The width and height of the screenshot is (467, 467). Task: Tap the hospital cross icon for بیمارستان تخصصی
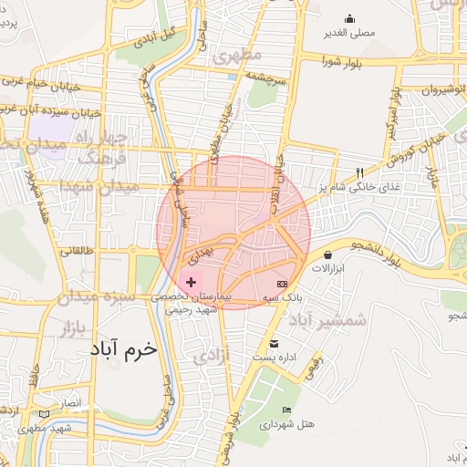point(191,283)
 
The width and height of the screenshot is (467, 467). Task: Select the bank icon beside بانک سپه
point(294,284)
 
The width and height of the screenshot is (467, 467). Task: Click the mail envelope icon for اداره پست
point(275,343)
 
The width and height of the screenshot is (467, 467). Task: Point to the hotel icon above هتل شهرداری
point(287,410)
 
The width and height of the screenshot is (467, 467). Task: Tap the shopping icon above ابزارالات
point(327,254)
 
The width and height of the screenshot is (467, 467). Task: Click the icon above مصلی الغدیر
point(349,18)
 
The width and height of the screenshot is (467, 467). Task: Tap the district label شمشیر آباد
point(327,320)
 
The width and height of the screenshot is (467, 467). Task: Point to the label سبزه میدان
point(96,297)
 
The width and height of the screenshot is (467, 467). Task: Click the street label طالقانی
point(78,250)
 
